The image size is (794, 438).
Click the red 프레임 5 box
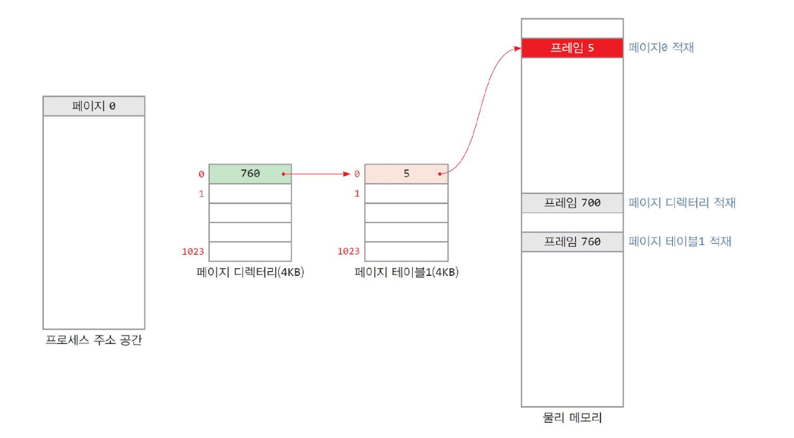pos(572,48)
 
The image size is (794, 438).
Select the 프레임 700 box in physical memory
pos(572,203)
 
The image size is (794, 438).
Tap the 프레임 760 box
pos(572,242)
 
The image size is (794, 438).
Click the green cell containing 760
pos(250,174)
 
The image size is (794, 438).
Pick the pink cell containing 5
pos(406,174)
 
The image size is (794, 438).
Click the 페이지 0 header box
pos(94,106)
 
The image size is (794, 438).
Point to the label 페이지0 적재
pos(661,48)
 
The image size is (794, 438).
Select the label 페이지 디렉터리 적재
pos(682,202)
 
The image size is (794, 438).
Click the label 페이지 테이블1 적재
pos(680,242)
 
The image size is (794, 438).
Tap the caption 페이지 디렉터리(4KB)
pos(250,272)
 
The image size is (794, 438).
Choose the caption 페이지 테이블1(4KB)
pos(406,272)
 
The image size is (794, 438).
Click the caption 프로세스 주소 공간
pos(94,339)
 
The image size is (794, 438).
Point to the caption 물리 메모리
pos(572,418)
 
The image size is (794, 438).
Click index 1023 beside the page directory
pos(193,252)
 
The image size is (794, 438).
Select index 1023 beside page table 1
pos(349,252)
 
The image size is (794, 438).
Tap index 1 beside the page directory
pos(201,193)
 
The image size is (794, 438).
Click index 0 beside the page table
pos(357,174)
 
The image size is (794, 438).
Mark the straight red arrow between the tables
pos(316,174)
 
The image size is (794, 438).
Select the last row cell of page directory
pos(250,252)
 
